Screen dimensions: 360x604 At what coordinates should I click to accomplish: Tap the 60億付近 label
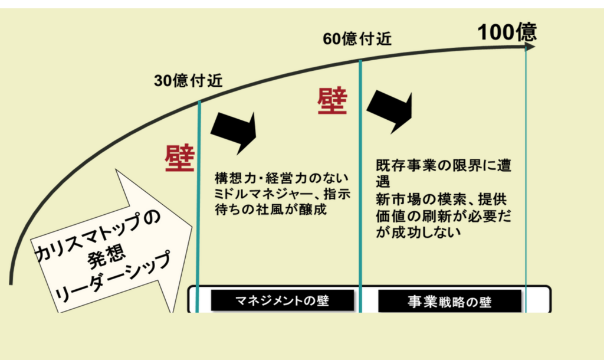point(357,40)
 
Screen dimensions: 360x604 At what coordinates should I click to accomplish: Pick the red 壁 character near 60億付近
point(332,102)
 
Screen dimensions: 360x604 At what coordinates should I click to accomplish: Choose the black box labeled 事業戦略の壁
point(449,302)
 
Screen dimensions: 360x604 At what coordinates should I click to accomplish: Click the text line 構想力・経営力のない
point(282,178)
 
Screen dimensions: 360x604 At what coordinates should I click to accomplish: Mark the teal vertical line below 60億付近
point(360,177)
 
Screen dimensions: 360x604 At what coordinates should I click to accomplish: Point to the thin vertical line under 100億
point(526,177)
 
